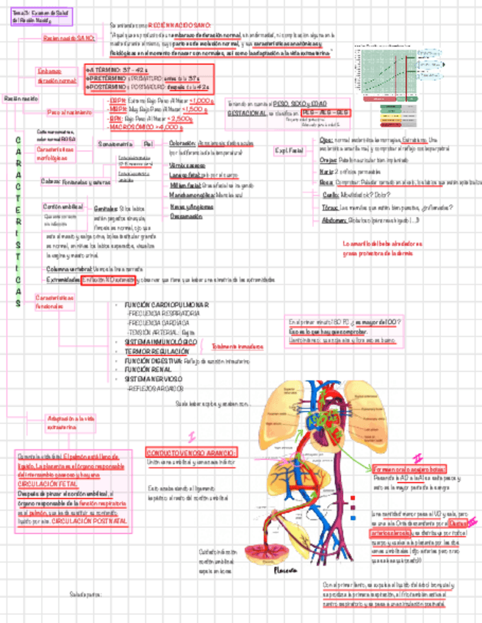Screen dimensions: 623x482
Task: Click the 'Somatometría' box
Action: [115, 143]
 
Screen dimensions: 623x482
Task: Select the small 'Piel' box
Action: [148, 143]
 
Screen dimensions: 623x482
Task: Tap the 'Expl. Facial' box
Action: [289, 151]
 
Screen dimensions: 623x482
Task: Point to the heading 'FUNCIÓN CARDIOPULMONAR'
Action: [167, 304]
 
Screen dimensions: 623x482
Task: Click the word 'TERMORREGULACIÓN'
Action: [155, 352]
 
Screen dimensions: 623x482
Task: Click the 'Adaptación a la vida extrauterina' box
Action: [71, 422]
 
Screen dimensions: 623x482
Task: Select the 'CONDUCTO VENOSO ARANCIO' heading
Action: [190, 453]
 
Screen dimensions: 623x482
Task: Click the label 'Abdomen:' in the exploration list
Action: [334, 220]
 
